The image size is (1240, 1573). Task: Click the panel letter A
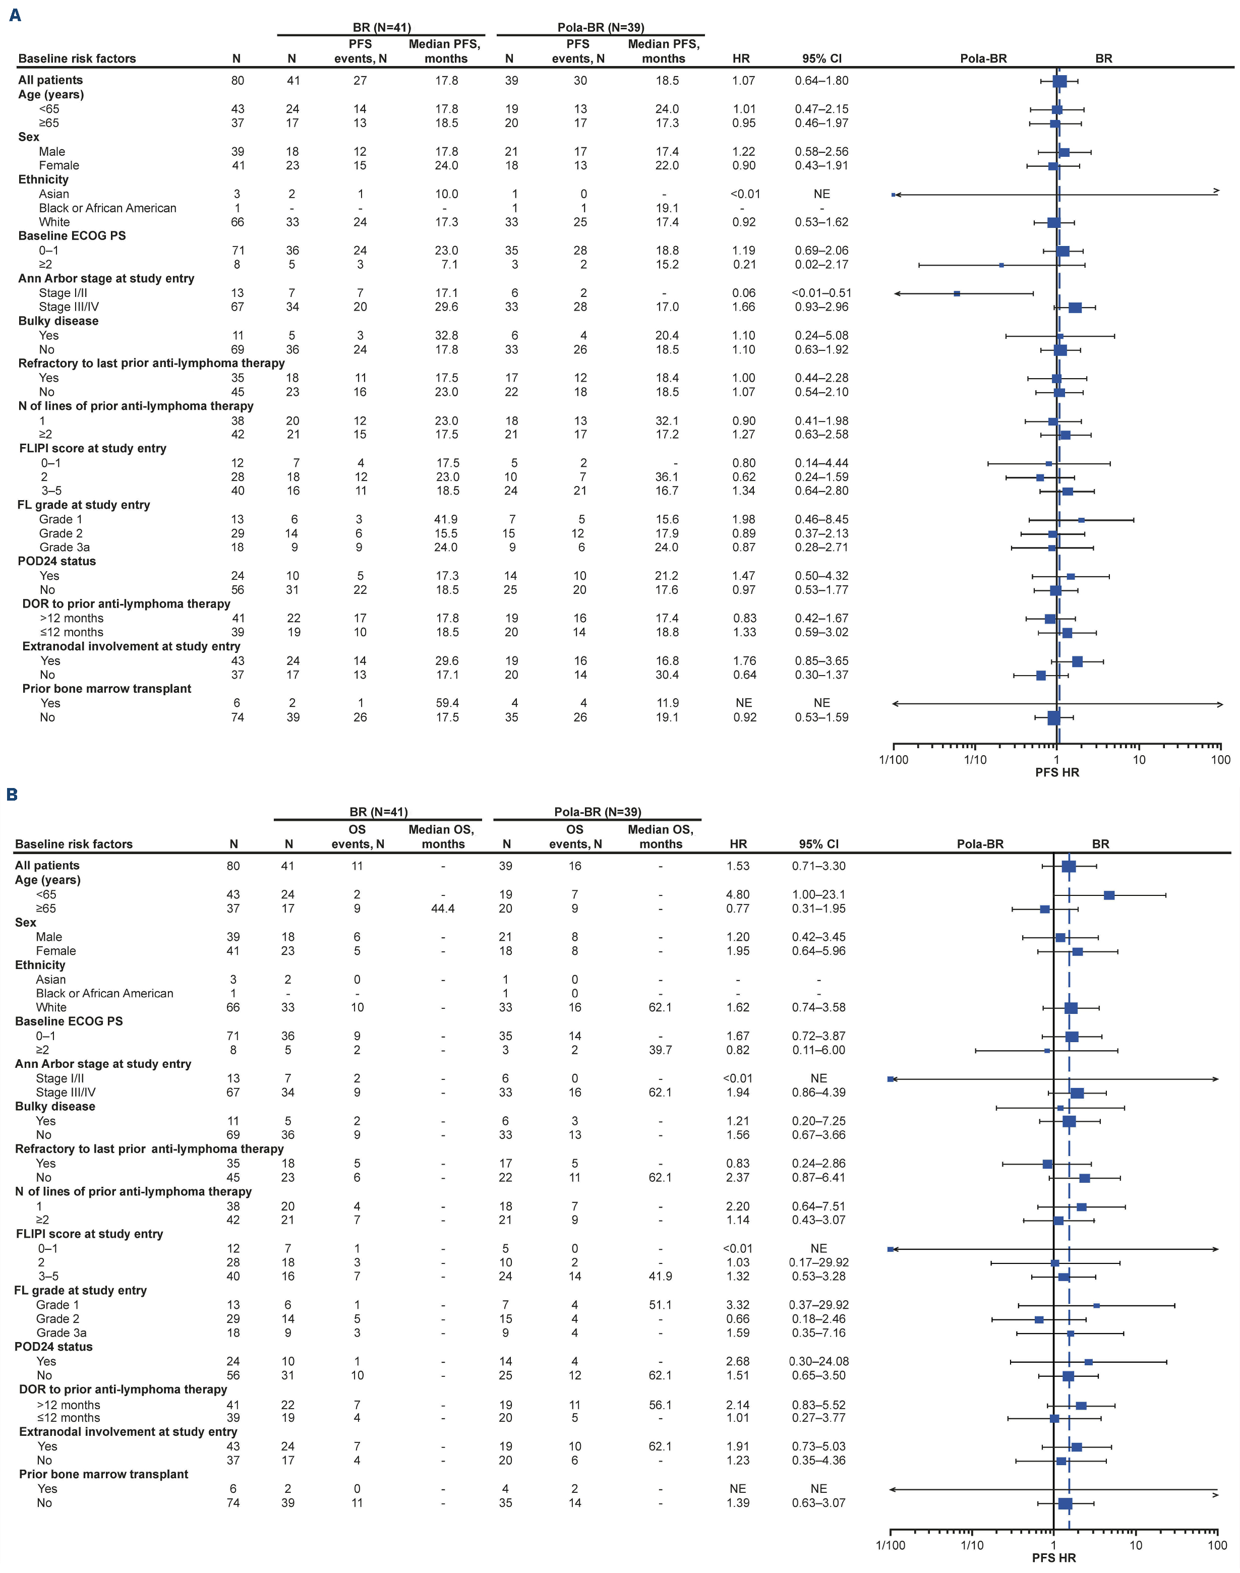tap(15, 15)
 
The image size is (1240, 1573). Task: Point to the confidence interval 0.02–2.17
tap(821, 264)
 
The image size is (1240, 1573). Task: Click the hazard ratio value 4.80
tap(738, 894)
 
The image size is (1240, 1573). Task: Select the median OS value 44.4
tap(443, 908)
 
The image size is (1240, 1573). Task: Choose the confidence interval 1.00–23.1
tap(818, 894)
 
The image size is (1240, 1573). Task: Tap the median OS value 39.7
tap(661, 1050)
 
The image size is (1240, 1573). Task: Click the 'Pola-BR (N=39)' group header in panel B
tap(598, 812)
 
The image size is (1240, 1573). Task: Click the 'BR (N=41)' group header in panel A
tap(382, 28)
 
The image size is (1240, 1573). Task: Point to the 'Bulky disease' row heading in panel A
tap(58, 321)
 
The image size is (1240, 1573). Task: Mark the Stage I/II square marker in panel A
tap(957, 293)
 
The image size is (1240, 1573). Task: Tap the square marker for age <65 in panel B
tap(1108, 895)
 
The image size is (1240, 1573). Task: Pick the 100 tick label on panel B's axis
tap(1217, 1545)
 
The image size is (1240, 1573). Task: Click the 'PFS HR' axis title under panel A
tap(1057, 772)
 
